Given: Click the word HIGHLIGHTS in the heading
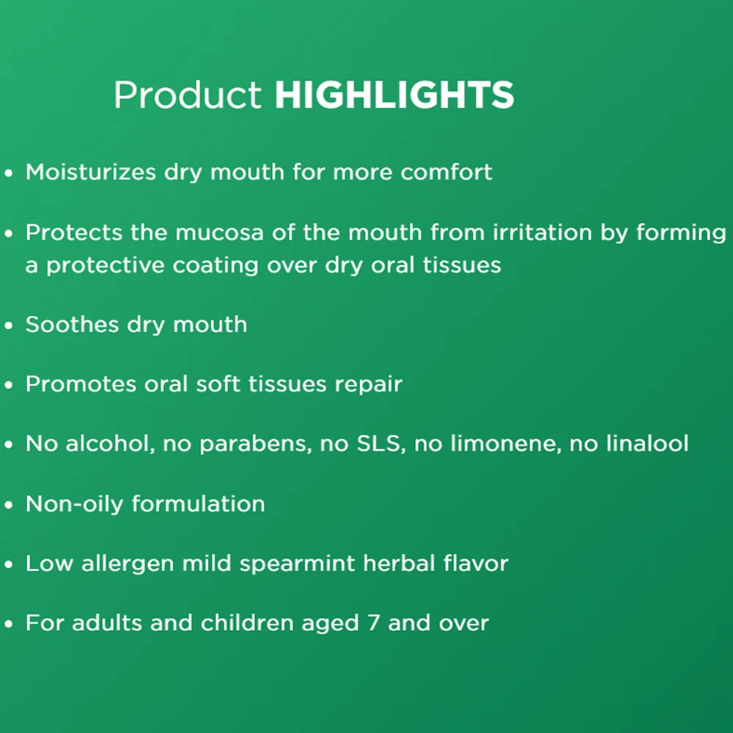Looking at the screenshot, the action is [394, 95].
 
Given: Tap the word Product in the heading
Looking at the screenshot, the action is [188, 95].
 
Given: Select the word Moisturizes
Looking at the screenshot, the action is [91, 172].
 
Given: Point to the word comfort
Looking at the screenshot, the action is [446, 172].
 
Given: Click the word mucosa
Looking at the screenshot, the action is [219, 232].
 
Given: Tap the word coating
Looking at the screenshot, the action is [215, 266].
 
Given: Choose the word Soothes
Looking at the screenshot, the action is [72, 324].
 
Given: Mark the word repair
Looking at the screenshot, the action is [369, 385].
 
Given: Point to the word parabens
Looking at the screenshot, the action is [255, 443].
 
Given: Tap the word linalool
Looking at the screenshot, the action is [647, 443].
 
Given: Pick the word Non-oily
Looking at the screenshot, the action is [74, 504].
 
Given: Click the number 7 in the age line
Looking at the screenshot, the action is [374, 623].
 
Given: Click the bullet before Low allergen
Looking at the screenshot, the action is [8, 564].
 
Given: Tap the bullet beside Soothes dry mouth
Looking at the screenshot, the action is [8, 325].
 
